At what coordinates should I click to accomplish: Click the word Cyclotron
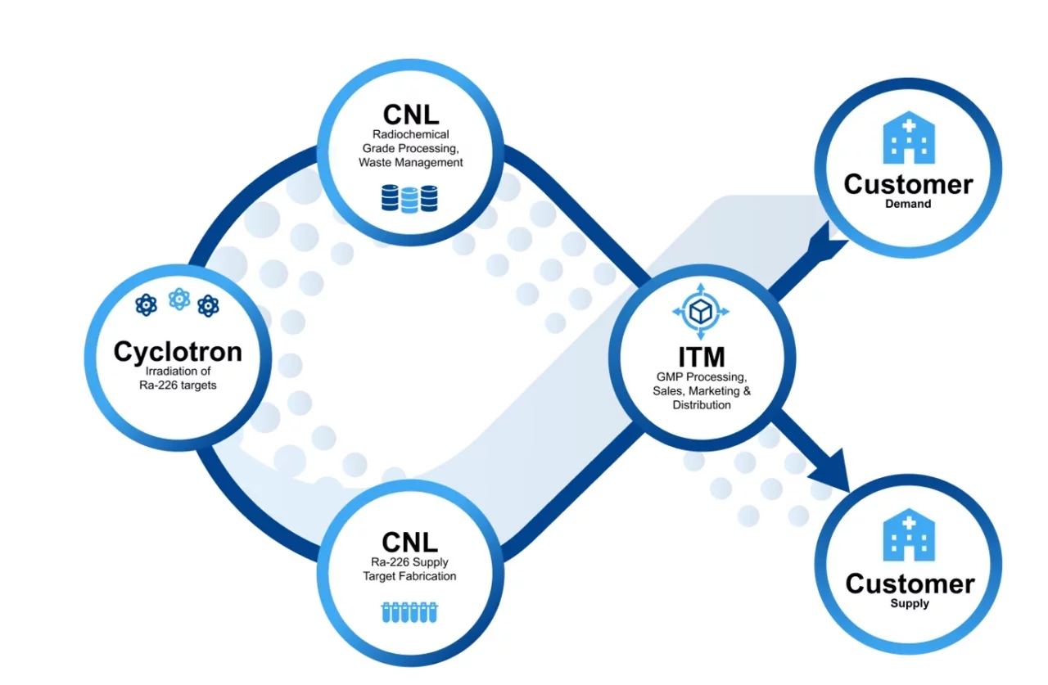pos(178,351)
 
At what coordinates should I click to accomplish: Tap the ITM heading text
pos(702,357)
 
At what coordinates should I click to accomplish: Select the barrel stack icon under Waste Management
pos(409,198)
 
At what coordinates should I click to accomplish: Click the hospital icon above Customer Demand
pos(908,137)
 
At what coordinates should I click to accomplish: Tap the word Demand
pos(908,204)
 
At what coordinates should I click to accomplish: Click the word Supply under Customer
pos(910,604)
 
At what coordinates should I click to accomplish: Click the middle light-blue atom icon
pos(178,300)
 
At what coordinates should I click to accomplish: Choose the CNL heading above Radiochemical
pos(410,114)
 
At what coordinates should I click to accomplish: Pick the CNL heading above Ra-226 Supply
pos(410,541)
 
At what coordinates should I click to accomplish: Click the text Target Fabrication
pos(409,576)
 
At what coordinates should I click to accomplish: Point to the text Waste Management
pos(410,162)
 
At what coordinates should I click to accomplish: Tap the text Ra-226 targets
pos(178,384)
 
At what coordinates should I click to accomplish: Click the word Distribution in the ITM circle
pos(701,405)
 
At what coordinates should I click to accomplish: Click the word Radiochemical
pos(410,134)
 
